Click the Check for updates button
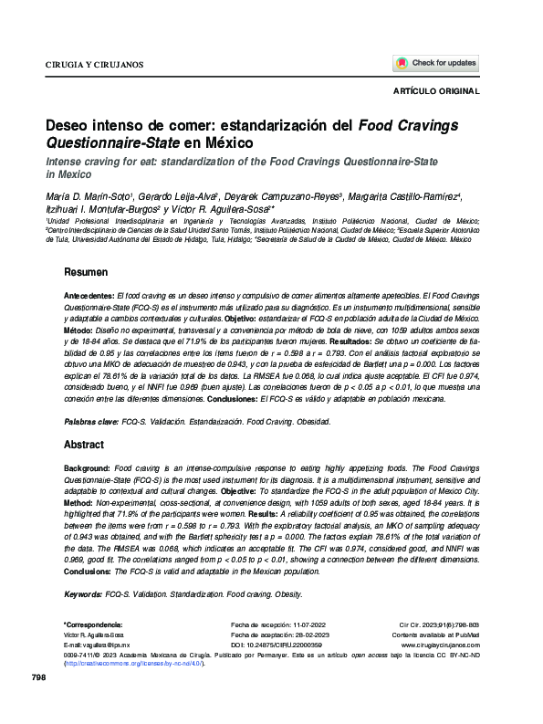click(x=435, y=63)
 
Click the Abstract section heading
click(x=84, y=445)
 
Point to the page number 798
click(x=38, y=702)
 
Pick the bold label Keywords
click(x=84, y=594)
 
